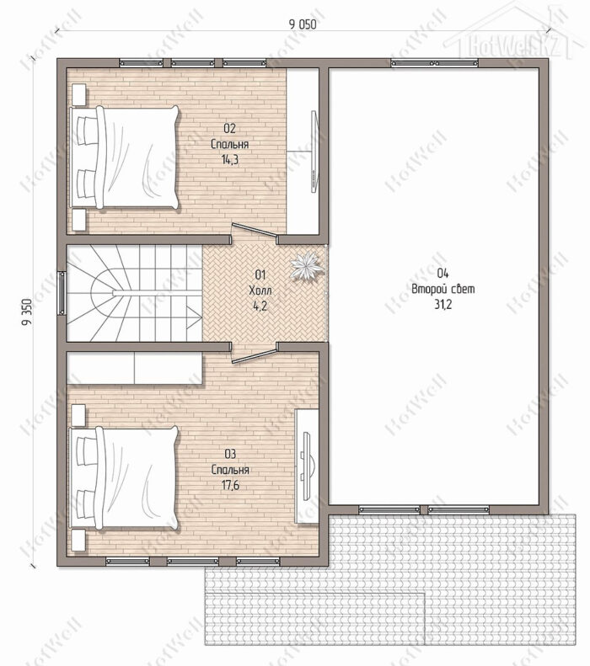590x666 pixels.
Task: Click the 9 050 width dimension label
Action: point(303,24)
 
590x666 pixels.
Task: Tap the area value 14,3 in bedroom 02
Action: point(229,160)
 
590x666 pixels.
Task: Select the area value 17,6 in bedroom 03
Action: point(230,485)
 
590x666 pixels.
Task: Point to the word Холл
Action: point(260,290)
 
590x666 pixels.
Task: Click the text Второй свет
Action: point(443,289)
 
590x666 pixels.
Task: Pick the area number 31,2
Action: point(443,305)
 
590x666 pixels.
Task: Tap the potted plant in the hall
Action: point(305,265)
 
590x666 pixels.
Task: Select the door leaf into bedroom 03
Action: point(255,357)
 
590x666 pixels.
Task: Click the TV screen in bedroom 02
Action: point(314,152)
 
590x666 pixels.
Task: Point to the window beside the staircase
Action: point(62,293)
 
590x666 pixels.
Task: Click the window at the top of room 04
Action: point(434,63)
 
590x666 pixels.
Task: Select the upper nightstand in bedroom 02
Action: point(78,93)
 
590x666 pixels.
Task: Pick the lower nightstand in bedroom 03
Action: point(78,540)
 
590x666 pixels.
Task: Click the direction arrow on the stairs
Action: point(195,314)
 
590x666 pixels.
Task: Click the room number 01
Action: point(260,274)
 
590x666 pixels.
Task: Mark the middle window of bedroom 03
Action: point(192,562)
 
